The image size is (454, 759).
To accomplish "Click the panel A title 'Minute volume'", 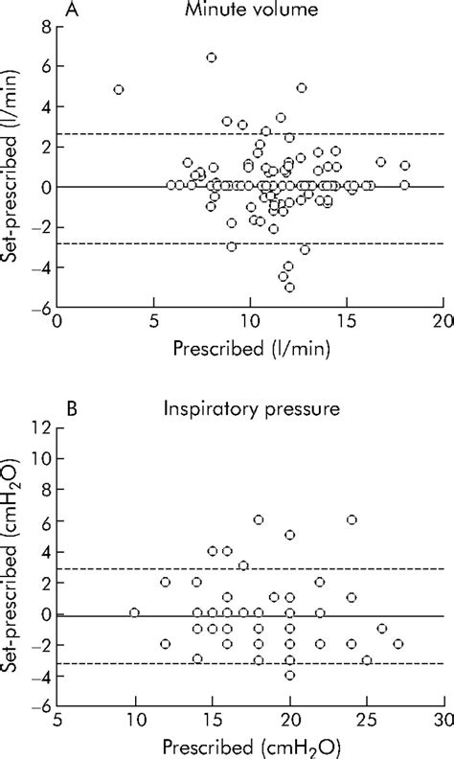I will click(x=250, y=12).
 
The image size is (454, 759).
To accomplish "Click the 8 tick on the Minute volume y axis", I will click(x=44, y=30).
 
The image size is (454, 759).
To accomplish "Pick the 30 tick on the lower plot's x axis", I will click(x=443, y=717).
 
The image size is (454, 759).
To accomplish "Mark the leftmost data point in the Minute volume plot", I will click(x=119, y=89).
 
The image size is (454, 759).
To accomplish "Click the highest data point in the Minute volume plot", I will click(x=212, y=57).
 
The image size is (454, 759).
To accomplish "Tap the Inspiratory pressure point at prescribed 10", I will click(x=134, y=612).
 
